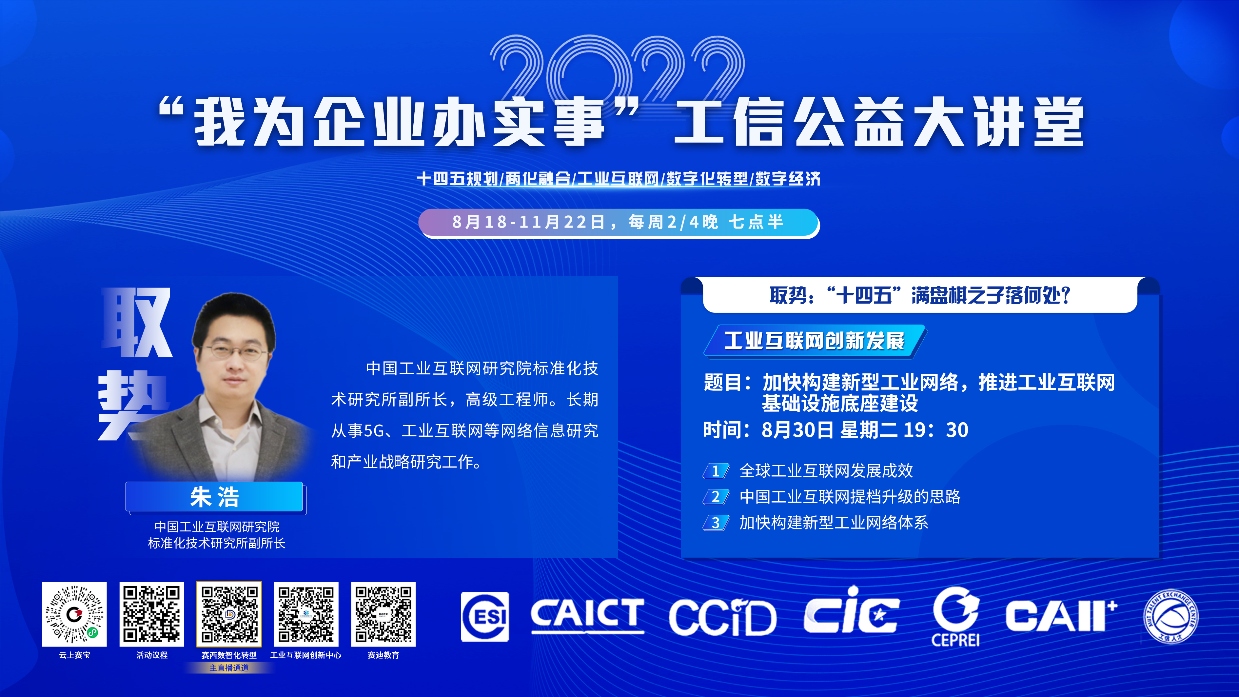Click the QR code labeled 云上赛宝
click(x=74, y=614)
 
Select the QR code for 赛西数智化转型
click(x=229, y=614)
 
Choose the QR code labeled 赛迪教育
click(x=383, y=614)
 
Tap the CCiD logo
click(x=722, y=617)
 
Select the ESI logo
click(x=485, y=617)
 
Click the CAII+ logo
click(x=1061, y=616)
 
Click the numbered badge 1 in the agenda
click(x=716, y=471)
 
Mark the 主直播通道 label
click(x=229, y=667)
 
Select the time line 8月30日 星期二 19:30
click(x=836, y=429)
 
